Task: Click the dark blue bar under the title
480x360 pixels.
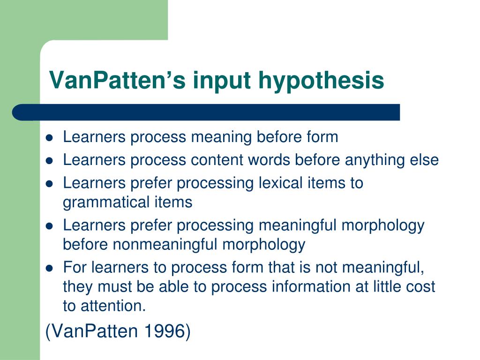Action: (x=206, y=112)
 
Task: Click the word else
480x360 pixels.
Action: (x=424, y=160)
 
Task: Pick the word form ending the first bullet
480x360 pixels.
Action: (x=322, y=137)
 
